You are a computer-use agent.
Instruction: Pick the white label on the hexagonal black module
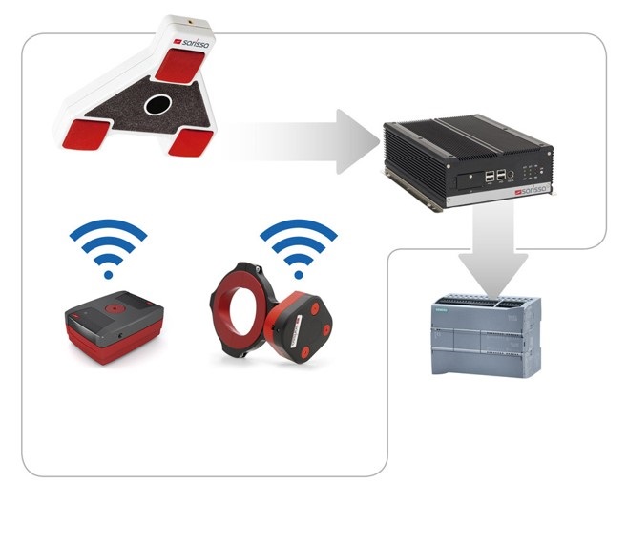[297, 330]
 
